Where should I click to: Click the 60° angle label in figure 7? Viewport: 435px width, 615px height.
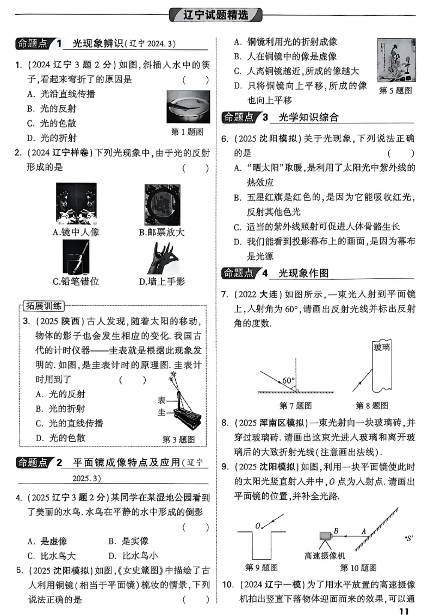point(288,381)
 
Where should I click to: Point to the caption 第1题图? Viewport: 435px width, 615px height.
point(187,131)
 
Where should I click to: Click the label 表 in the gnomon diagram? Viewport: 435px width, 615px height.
point(161,399)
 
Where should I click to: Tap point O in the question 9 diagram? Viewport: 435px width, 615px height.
point(258,525)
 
